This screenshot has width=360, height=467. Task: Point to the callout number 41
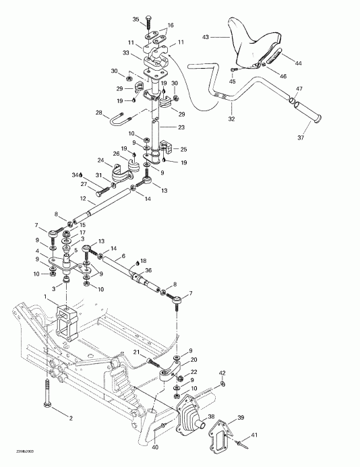(x=255, y=436)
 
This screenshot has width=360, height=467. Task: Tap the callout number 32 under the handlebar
(x=231, y=119)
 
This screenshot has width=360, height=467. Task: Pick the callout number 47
(x=299, y=89)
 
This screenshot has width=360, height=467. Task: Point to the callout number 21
(x=135, y=352)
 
